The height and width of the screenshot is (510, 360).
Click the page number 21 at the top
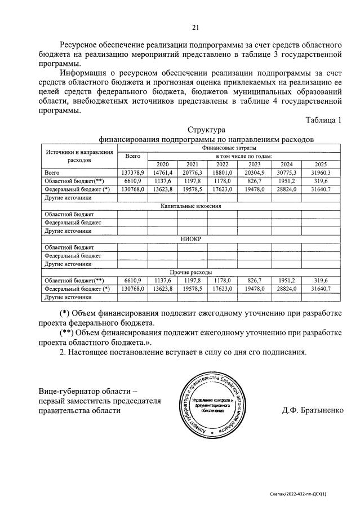tap(195, 26)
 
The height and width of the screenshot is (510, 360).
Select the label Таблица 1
tap(323, 119)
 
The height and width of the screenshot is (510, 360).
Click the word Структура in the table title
tap(206, 130)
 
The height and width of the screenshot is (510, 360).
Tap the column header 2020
tap(162, 164)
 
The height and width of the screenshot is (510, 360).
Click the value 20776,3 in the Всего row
tap(192, 172)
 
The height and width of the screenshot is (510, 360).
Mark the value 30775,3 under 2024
tap(287, 172)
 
